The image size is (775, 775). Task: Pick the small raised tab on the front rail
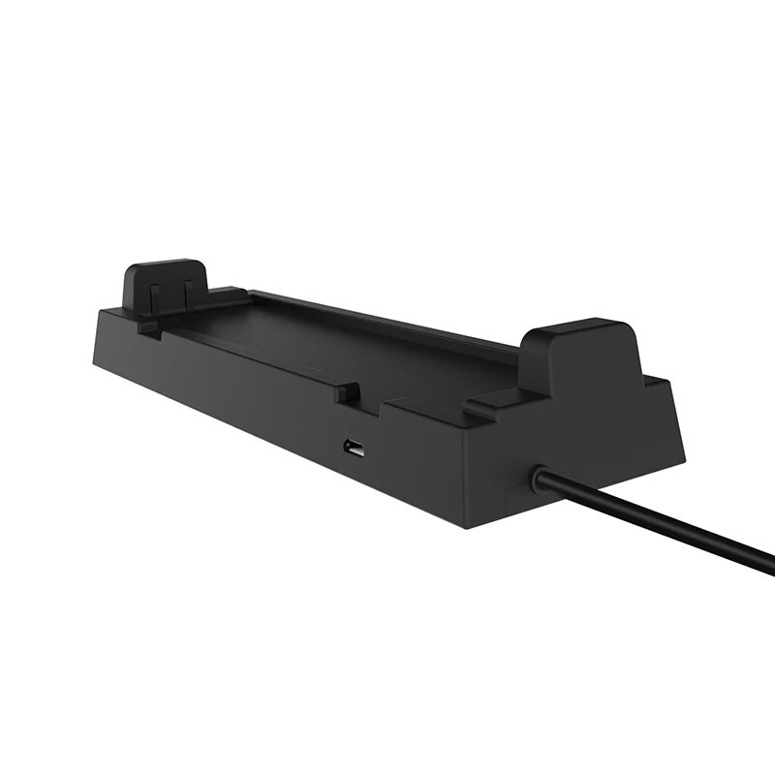point(347,392)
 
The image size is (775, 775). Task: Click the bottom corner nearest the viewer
point(468,528)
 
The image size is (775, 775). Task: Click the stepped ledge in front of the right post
point(504,396)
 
